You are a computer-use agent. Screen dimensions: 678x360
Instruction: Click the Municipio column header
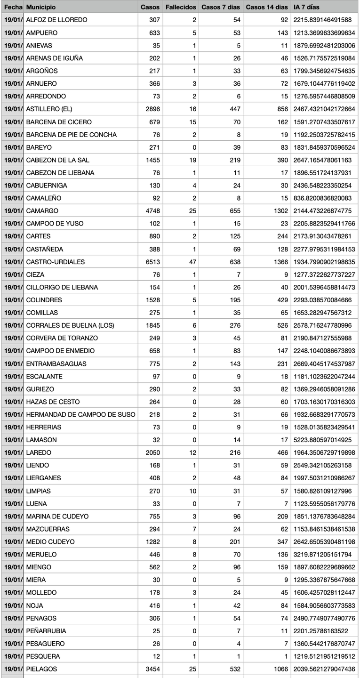(x=41, y=7)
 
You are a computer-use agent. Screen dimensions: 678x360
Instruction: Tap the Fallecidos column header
(x=181, y=7)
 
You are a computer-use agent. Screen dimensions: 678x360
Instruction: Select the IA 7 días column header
(x=306, y=7)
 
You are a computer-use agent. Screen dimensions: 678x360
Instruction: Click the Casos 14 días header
(x=267, y=7)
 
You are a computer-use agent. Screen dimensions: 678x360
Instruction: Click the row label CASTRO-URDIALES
(x=56, y=262)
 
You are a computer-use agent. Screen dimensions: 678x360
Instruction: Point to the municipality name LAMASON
(x=41, y=440)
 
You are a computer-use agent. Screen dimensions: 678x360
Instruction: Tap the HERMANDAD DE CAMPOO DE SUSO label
(x=80, y=414)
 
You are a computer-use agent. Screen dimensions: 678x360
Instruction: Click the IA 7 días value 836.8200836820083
(x=322, y=198)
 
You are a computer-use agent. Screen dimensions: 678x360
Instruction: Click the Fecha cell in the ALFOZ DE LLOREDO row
(x=13, y=20)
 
